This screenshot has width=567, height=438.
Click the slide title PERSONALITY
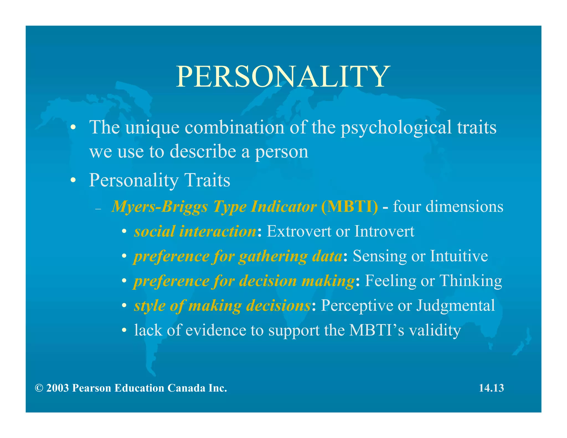point(283,77)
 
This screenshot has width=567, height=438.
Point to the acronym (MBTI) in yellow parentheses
point(349,207)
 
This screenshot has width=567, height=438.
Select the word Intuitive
point(459,256)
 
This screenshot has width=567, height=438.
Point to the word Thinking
point(471,281)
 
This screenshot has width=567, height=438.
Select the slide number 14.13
point(491,388)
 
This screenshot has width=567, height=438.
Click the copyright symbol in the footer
point(39,388)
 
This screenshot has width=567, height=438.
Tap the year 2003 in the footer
point(57,388)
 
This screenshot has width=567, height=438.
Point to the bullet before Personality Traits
point(73,180)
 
